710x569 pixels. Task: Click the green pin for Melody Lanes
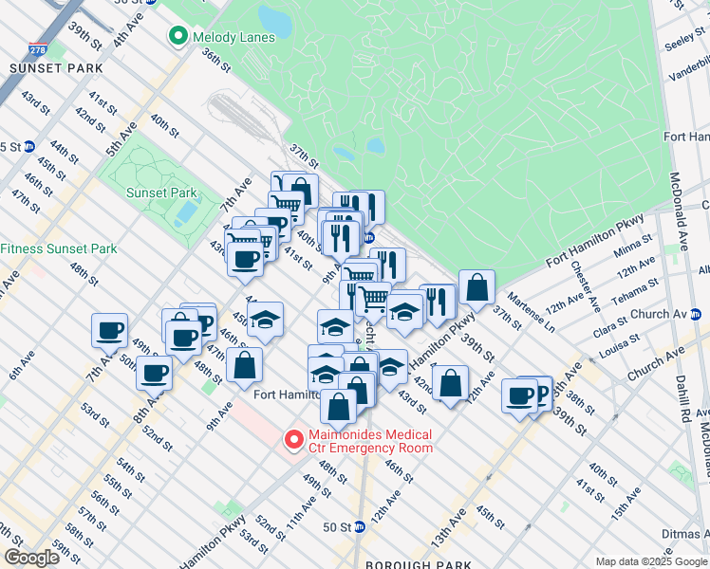tap(177, 37)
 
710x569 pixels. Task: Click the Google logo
tap(31, 558)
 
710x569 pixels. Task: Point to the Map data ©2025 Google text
tap(650, 561)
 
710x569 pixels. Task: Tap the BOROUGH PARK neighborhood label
tap(419, 564)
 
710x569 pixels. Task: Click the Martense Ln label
tap(530, 312)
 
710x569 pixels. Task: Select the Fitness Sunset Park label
tap(59, 248)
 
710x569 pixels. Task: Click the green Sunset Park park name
tap(161, 193)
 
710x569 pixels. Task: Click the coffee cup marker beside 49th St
tap(109, 331)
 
